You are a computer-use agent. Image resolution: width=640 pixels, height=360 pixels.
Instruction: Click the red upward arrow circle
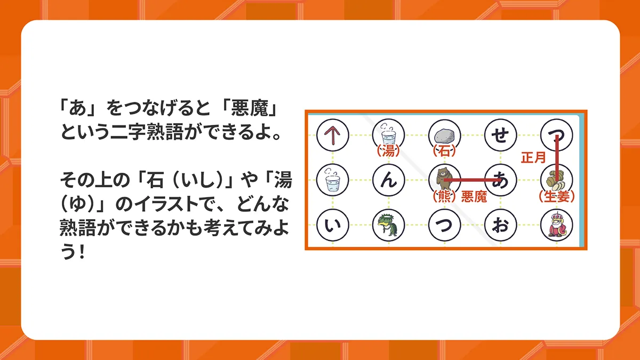[333, 135]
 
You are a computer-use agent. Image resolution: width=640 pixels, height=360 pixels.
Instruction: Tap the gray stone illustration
[444, 136]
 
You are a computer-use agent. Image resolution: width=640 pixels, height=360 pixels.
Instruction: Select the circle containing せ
[501, 135]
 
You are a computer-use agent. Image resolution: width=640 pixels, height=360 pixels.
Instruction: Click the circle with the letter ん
[389, 180]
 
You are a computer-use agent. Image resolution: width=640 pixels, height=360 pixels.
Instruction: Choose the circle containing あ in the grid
[501, 180]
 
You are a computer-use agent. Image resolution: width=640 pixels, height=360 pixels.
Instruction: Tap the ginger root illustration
[556, 181]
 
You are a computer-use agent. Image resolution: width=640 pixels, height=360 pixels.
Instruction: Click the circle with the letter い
[333, 225]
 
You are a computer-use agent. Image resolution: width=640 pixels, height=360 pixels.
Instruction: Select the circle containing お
[501, 225]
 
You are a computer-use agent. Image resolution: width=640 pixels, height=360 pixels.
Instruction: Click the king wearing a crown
[556, 225]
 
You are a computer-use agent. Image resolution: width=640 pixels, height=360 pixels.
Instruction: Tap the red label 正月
[533, 157]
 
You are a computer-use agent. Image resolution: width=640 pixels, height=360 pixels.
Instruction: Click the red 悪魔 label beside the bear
[474, 197]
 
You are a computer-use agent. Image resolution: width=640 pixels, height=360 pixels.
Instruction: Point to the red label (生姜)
[557, 197]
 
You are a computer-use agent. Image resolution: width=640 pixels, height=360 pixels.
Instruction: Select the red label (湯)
[388, 151]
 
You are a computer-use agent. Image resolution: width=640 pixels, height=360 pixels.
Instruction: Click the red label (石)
[444, 151]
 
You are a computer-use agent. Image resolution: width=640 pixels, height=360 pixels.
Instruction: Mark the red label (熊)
[444, 197]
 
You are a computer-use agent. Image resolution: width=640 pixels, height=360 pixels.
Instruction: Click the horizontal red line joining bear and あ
[473, 180]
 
